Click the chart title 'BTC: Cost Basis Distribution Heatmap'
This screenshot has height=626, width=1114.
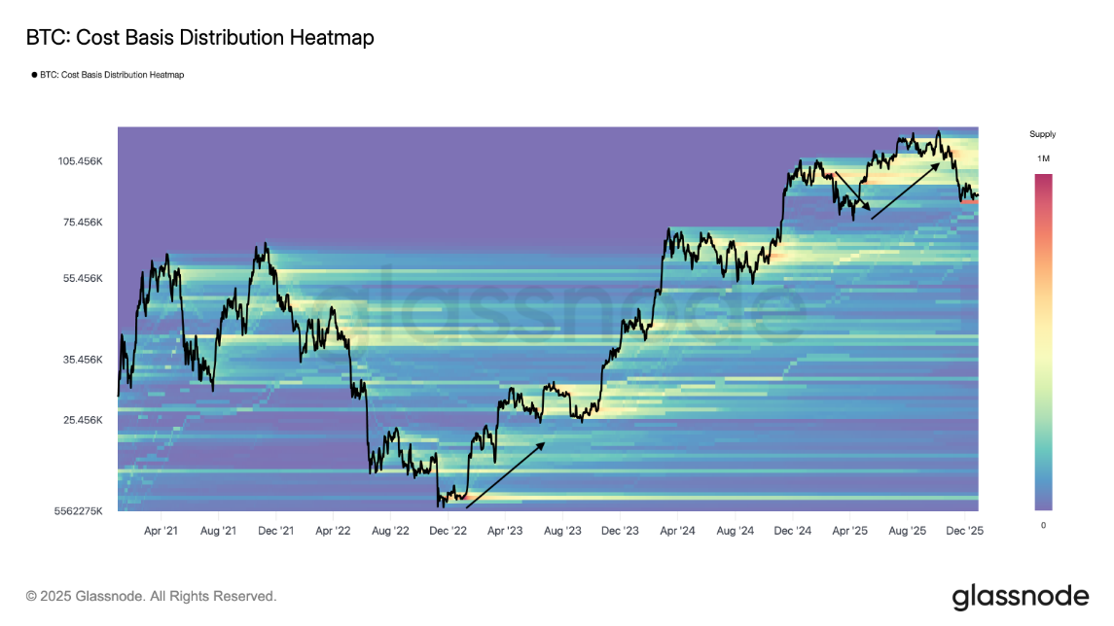(x=199, y=38)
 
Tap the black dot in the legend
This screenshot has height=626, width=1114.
(x=34, y=75)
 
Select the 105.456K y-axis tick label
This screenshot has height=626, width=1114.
(x=81, y=161)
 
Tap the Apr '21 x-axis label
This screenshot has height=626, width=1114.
(x=161, y=531)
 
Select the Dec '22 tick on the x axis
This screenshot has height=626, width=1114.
(x=449, y=531)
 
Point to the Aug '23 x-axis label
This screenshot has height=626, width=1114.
(x=562, y=531)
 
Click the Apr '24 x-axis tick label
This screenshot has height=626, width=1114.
(x=677, y=531)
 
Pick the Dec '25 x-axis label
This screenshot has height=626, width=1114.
(x=964, y=531)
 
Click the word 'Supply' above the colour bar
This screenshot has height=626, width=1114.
(x=1042, y=134)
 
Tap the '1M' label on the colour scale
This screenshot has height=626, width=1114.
(x=1043, y=157)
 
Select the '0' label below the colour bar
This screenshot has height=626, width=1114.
(x=1043, y=525)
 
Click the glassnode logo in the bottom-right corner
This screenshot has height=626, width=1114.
(x=1020, y=596)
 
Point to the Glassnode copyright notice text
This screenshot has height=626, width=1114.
(x=151, y=596)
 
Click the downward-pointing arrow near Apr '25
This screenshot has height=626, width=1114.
(x=852, y=191)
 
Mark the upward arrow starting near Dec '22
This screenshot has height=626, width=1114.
(x=505, y=475)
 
